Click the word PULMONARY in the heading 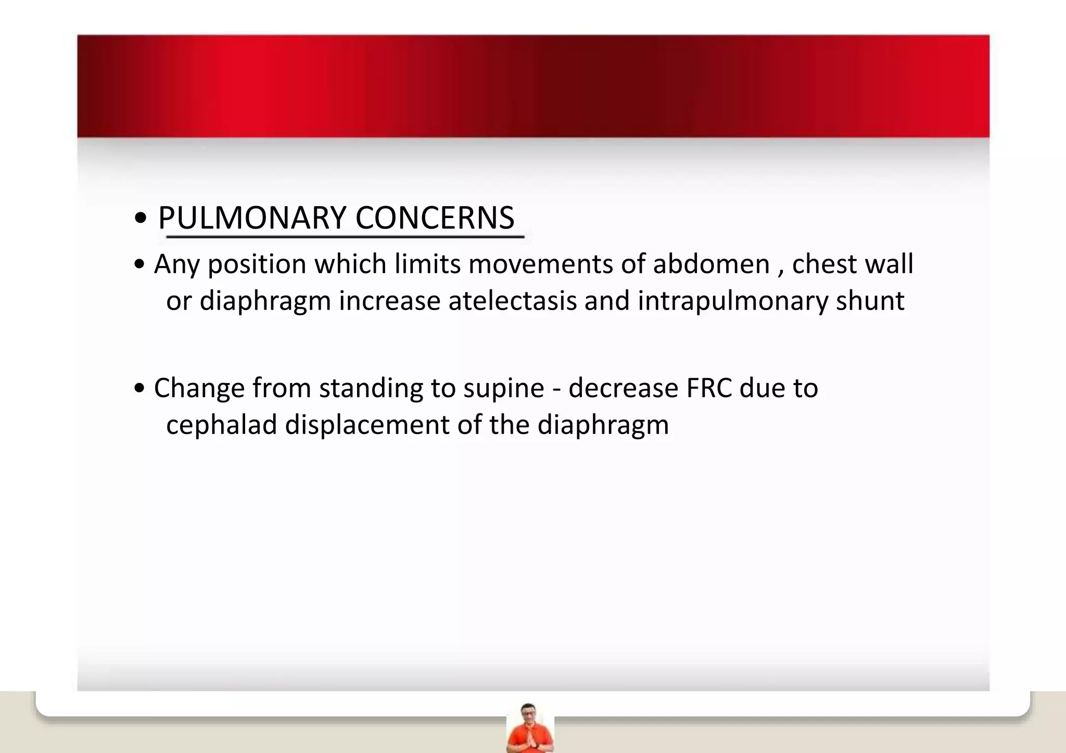click(x=252, y=218)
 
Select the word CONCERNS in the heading click(x=435, y=218)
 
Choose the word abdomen click(x=711, y=264)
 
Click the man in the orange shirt click(x=529, y=729)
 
